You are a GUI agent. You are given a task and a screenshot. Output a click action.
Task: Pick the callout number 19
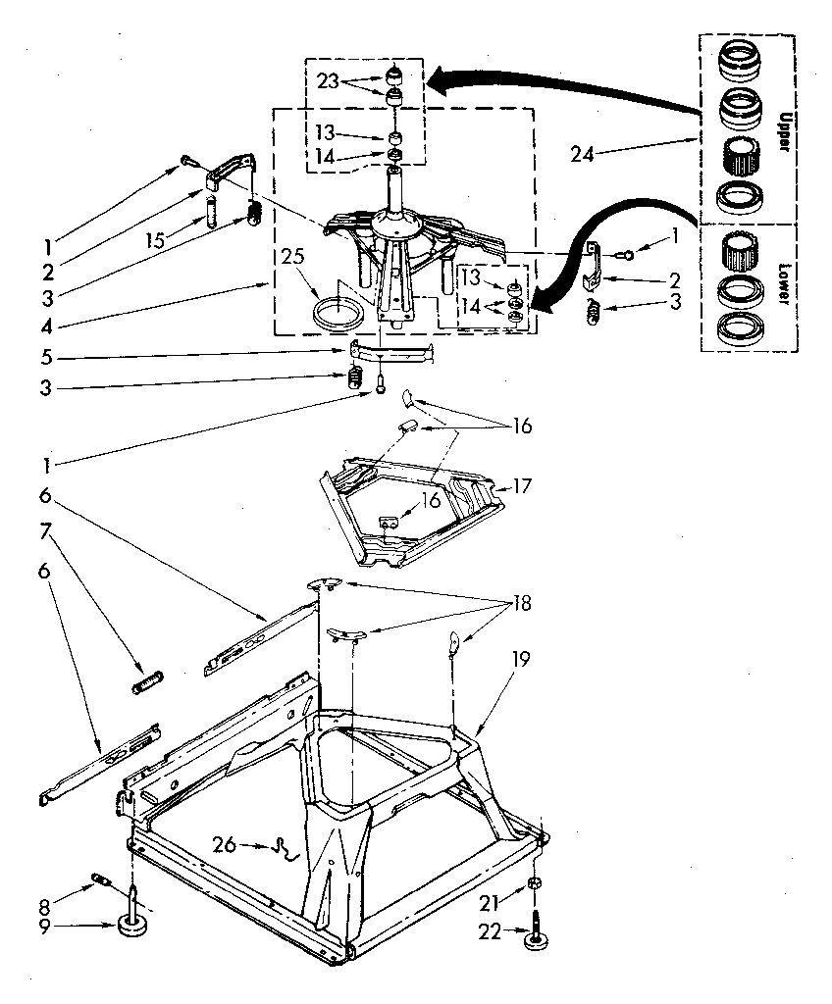(x=520, y=660)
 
